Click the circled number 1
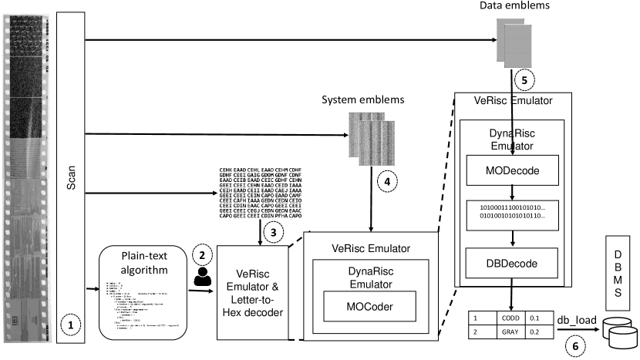click(72, 326)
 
